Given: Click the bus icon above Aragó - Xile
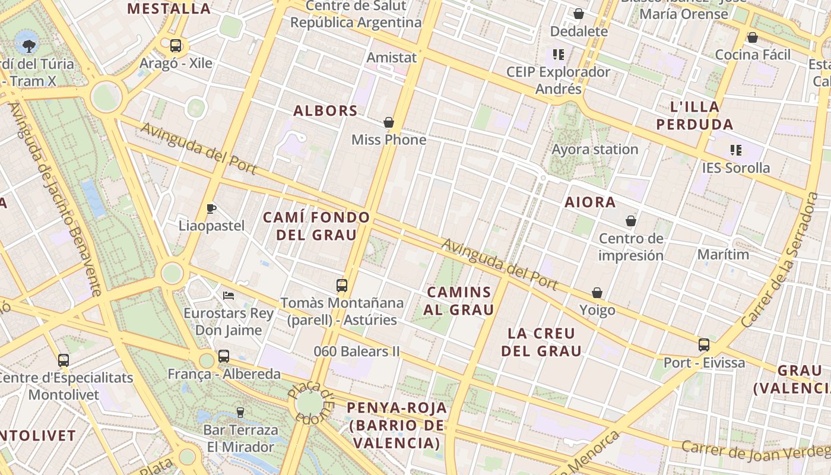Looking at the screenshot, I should coord(176,45).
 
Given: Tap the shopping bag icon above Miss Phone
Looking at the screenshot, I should coord(389,122).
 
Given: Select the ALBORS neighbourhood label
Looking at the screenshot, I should coord(326,110).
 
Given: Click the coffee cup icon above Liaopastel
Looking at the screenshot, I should coord(211,208).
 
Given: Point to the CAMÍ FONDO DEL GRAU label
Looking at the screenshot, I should coord(317,226).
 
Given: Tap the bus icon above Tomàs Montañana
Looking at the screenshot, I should coord(341,285).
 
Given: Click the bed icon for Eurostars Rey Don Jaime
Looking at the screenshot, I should coord(229,295).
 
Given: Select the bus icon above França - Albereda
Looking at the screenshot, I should coord(224,356).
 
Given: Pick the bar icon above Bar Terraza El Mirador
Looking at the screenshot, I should coord(240,412).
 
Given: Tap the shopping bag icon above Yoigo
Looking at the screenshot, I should coord(597,293).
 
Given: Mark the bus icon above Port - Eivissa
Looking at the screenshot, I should coord(704,344).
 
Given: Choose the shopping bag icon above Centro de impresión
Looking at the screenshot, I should coord(631,221).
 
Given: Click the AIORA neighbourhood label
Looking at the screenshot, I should coord(590,202).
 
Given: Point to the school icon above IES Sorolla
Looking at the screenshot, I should coord(736,150).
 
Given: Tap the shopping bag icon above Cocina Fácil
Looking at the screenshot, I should coord(753,37).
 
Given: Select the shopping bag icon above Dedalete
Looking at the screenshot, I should coord(579,14).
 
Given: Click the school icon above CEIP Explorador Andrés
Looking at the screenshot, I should coord(558,55).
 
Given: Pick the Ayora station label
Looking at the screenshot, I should coord(595,149).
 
